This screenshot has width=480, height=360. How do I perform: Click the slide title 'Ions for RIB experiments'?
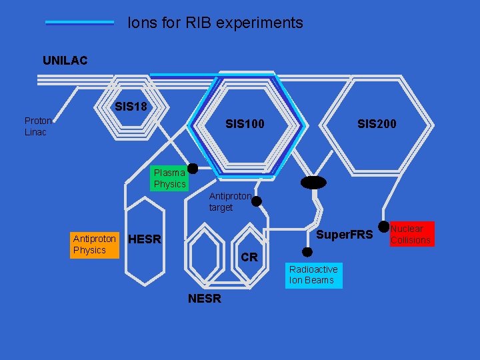point(215,23)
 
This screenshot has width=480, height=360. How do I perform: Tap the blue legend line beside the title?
point(79,23)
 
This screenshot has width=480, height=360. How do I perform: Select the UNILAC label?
point(65,61)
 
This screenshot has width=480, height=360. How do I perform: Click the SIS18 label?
point(131,107)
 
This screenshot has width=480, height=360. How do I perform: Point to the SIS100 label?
point(245,124)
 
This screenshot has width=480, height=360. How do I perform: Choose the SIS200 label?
point(376,124)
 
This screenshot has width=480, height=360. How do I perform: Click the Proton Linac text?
point(38,126)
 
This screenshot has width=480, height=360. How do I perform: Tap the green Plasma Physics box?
point(169,178)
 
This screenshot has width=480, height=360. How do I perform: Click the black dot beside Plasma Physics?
point(192,169)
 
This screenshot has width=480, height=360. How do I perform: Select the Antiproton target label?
point(230,202)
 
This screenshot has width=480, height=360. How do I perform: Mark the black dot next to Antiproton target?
point(256,201)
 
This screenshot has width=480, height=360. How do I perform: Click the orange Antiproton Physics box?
point(94,244)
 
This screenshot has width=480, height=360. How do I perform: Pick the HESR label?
point(145,239)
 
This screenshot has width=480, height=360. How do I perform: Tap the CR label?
point(249,257)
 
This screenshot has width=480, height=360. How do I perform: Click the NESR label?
point(204,299)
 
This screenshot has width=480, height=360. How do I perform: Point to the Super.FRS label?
point(344,235)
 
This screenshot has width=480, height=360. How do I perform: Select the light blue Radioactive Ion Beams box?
point(313,275)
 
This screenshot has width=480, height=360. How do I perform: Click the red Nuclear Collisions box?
point(411,234)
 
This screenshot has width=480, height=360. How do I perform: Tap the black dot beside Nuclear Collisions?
point(383,227)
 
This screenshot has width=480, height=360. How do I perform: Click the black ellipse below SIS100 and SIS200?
point(313,183)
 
